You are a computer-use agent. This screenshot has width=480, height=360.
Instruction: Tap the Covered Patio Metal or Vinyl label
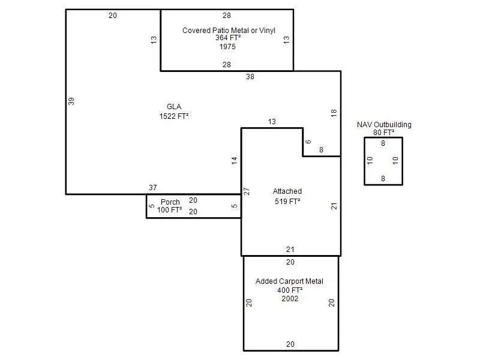229,30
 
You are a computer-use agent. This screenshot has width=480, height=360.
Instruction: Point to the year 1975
227,46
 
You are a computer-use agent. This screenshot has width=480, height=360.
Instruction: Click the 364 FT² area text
228,38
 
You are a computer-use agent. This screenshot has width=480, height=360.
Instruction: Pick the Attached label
287,191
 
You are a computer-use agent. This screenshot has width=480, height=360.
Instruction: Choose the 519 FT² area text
287,202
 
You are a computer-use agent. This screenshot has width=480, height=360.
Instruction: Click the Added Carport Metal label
289,281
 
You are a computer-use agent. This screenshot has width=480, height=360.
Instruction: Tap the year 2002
290,298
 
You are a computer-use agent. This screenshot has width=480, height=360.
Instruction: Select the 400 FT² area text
290,290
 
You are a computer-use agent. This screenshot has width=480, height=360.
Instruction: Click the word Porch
170,202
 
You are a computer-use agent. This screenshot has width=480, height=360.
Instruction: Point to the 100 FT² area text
170,210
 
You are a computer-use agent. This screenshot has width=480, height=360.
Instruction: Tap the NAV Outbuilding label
384,125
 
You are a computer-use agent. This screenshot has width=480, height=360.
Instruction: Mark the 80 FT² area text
384,133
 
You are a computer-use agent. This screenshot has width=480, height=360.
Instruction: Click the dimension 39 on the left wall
71,101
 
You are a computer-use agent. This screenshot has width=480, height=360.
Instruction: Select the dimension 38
250,77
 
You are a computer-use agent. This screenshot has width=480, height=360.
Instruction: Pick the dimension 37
152,188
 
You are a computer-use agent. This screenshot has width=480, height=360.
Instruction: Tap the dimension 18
334,113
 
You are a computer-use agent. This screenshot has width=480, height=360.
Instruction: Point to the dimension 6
308,142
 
